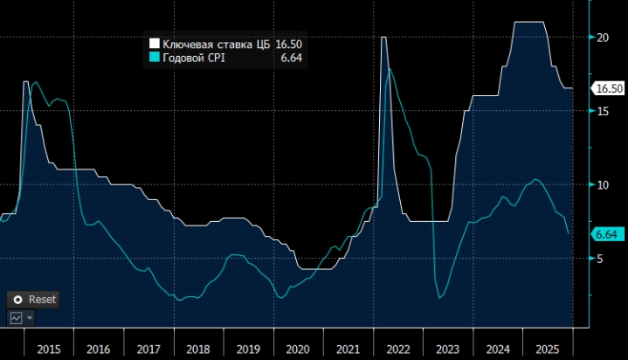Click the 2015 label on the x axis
coord(49,349)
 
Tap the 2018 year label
coord(198,349)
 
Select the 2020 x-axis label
coord(298,349)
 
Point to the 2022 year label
coord(398,349)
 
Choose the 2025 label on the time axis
coord(548,349)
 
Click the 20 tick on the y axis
coord(602,37)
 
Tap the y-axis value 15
coord(602,111)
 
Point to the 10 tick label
coord(602,185)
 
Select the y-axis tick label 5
coord(599,259)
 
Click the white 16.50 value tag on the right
coord(608,88)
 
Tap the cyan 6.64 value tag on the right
coord(605,234)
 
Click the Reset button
coord(34,299)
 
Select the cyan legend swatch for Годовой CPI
coord(154,58)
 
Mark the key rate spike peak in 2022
coord(383,38)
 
